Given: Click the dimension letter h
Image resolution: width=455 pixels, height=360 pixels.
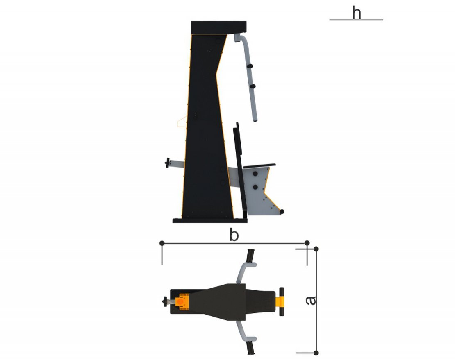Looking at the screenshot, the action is click(x=356, y=13).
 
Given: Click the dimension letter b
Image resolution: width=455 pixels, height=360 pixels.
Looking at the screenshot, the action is click(x=234, y=235).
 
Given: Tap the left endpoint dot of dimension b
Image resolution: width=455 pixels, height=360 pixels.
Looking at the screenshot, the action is click(x=162, y=243).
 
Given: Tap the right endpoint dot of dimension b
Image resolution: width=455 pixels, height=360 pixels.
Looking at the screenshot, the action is click(x=307, y=243).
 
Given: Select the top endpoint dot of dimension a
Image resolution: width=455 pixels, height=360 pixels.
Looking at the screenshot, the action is click(x=316, y=249).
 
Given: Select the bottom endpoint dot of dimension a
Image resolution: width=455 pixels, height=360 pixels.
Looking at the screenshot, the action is click(x=316, y=353).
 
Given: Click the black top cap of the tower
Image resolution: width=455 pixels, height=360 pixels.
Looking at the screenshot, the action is click(x=218, y=27).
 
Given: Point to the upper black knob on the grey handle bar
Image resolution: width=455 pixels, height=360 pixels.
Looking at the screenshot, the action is click(x=250, y=66).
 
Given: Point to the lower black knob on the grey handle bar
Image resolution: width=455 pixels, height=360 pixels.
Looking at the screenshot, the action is click(x=253, y=86).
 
